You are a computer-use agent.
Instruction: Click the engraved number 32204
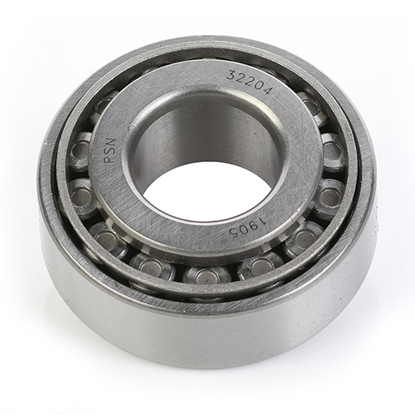pyautogui.click(x=249, y=82)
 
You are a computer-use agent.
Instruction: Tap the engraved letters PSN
pyautogui.click(x=110, y=150)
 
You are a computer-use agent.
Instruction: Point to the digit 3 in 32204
pyautogui.click(x=230, y=75)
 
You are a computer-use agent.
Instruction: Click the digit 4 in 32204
pyautogui.click(x=266, y=90)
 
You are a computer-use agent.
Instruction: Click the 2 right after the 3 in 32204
pyautogui.click(x=240, y=78)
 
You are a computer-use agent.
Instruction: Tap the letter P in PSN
pyautogui.click(x=110, y=159)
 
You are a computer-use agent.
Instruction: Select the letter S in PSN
pyautogui.click(x=110, y=151)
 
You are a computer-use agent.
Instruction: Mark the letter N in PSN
pyautogui.click(x=110, y=142)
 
